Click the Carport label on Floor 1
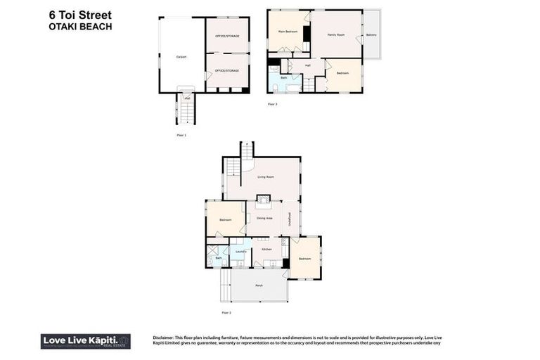(181, 57)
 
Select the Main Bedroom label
(288, 32)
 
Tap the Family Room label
(336, 34)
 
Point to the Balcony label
(371, 34)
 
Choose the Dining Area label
(264, 219)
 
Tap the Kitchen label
(266, 250)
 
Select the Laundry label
(240, 250)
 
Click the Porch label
(259, 285)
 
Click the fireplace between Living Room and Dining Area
(263, 199)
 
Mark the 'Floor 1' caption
(181, 134)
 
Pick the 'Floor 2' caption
(226, 312)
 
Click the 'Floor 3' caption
(272, 104)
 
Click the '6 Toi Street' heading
(80, 15)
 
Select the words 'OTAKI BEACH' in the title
(80, 27)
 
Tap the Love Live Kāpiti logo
(85, 341)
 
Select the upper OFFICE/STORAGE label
(227, 37)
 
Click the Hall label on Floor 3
(307, 65)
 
